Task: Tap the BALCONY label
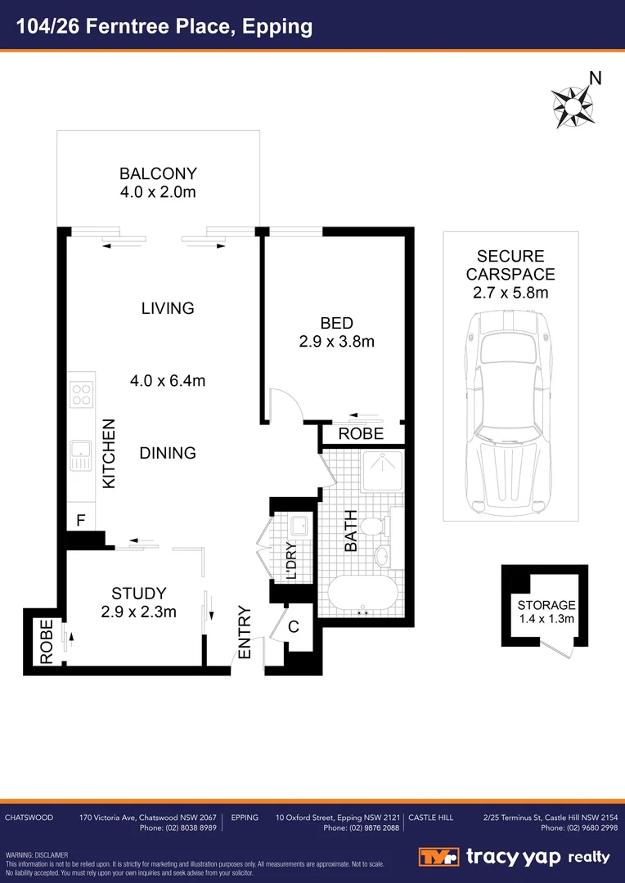158,173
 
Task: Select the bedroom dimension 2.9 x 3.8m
336,342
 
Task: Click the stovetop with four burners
81,395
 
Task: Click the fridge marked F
80,519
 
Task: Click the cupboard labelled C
295,628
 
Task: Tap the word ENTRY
243,631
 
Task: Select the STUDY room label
139,594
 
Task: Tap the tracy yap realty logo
515,857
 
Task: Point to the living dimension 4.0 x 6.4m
167,380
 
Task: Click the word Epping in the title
278,26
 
